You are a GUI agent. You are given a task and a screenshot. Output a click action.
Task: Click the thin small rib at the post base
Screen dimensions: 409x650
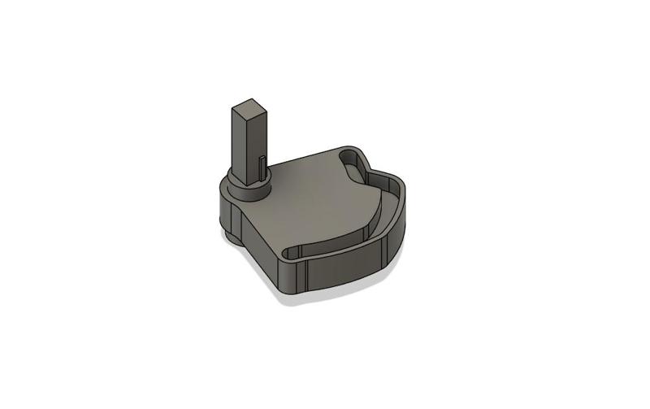coord(262,167)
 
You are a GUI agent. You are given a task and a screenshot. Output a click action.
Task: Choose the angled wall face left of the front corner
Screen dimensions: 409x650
coord(260,252)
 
